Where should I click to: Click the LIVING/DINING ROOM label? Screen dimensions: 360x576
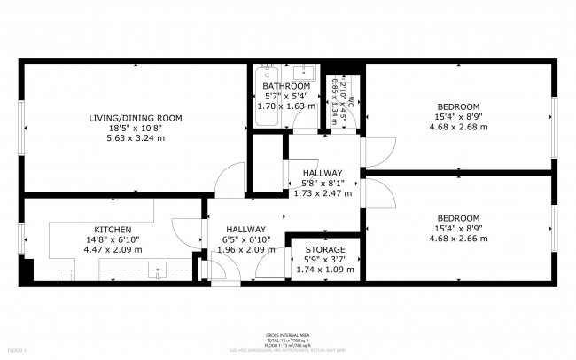click(x=136, y=118)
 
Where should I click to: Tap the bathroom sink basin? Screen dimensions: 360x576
click(x=305, y=73)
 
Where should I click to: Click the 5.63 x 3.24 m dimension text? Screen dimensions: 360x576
click(x=136, y=138)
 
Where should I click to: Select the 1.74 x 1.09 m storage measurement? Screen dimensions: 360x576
click(x=324, y=270)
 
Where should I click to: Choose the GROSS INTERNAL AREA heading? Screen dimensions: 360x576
click(x=287, y=335)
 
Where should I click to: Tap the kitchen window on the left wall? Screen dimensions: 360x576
click(x=22, y=238)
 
